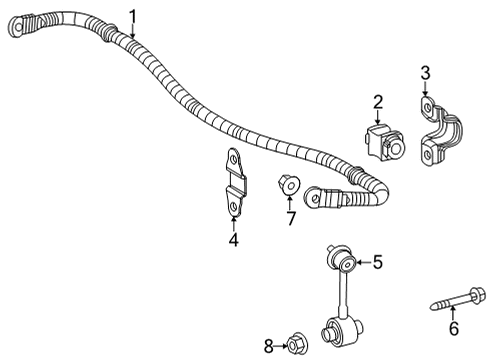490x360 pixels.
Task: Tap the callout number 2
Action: [378, 100]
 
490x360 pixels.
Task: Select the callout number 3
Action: [425, 72]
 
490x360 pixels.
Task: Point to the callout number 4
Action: [232, 239]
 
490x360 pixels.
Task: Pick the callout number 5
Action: [377, 263]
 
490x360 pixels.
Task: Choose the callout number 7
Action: [291, 217]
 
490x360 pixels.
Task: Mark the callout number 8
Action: [269, 347]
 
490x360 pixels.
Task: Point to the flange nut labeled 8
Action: [297, 347]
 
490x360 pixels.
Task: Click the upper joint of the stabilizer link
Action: [343, 265]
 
